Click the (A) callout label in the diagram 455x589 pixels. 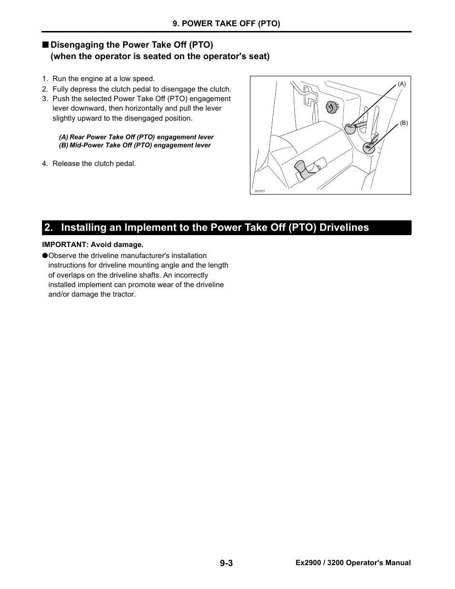(x=402, y=84)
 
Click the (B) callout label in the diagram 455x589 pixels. (x=403, y=123)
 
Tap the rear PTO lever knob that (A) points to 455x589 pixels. (x=350, y=128)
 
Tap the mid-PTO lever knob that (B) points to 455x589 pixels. (x=369, y=148)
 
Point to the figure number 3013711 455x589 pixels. (x=259, y=191)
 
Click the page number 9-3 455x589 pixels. (x=227, y=563)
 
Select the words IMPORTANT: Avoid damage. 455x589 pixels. (x=93, y=245)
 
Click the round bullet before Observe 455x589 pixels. (x=45, y=256)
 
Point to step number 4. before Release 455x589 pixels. (x=45, y=164)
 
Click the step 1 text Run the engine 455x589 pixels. (x=103, y=79)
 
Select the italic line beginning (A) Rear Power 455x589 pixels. (x=136, y=137)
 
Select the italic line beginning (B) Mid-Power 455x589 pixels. (x=134, y=145)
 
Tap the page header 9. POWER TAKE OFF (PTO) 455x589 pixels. (x=226, y=23)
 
